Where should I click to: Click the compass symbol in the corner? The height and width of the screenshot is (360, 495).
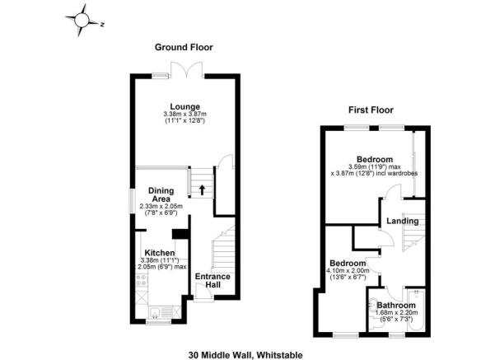pos(85,19)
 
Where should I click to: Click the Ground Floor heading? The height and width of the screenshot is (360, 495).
pos(180,48)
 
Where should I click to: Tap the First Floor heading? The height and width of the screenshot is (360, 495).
pos(370,110)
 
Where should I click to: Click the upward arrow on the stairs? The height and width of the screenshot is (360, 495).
pos(202,189)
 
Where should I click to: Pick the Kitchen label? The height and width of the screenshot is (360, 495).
pos(159,253)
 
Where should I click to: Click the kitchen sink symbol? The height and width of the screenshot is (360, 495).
pos(155,311)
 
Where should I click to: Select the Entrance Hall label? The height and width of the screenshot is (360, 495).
pos(212,280)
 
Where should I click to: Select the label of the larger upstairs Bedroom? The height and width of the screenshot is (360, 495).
pos(374,159)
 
